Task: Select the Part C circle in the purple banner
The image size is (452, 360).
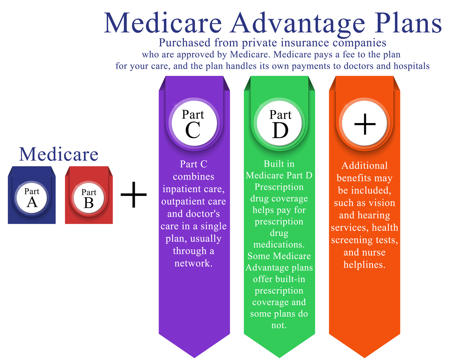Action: [x=194, y=124]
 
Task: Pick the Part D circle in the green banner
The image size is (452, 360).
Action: [x=279, y=124]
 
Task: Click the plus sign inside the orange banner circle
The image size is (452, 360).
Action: [x=365, y=124]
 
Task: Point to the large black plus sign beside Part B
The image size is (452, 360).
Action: [x=134, y=194]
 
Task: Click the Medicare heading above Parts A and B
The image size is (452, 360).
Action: [x=59, y=154]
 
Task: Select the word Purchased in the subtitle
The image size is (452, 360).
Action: [x=185, y=43]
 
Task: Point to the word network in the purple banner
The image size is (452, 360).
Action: [x=194, y=263]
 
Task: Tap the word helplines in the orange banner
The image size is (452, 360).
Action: [x=364, y=265]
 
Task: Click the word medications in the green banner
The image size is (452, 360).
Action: [x=279, y=244]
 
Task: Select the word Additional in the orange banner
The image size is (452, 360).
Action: [x=364, y=166]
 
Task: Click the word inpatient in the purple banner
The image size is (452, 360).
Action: [x=180, y=189]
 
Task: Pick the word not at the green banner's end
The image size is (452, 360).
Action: [x=279, y=325]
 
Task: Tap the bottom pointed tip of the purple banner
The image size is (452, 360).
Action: [x=194, y=358]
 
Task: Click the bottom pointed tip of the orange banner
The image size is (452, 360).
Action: [x=364, y=358]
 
